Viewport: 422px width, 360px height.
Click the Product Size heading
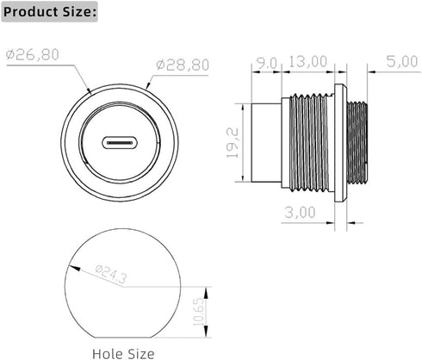[50, 12]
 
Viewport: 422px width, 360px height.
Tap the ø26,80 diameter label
[33, 54]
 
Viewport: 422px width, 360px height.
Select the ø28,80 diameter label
[183, 65]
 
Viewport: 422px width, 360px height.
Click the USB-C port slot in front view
[120, 143]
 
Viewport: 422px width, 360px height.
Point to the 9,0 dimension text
[267, 64]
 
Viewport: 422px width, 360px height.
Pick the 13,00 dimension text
[307, 62]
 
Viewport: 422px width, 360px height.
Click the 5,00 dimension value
[401, 61]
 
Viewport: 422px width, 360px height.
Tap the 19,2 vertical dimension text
[233, 143]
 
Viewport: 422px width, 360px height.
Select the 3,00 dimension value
[300, 213]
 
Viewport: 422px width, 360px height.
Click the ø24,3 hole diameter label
[111, 273]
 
